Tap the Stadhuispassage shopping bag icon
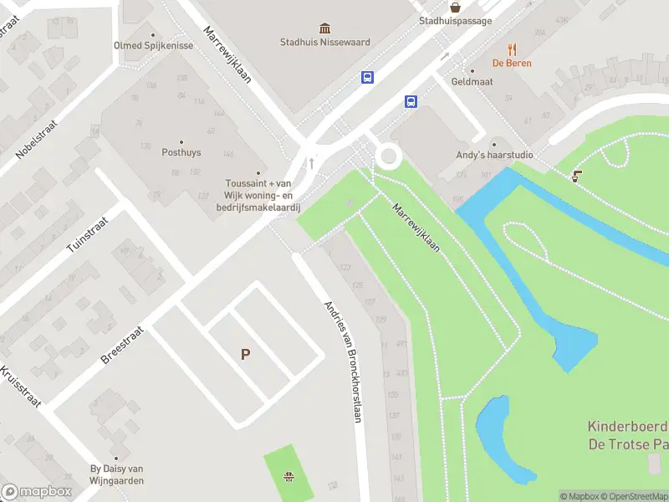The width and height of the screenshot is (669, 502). click(x=455, y=7)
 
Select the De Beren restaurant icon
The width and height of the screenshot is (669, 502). click(x=512, y=49)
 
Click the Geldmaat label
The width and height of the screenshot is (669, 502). click(x=472, y=81)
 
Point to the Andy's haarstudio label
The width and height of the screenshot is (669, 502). click(x=494, y=155)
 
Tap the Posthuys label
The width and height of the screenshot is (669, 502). click(x=181, y=151)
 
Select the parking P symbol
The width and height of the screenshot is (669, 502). click(x=245, y=354)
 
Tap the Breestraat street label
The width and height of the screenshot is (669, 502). click(x=122, y=344)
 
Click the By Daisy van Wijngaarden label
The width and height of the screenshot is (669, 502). click(x=117, y=474)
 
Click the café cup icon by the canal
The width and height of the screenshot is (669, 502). click(x=575, y=176)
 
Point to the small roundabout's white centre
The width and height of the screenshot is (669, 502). click(x=388, y=156)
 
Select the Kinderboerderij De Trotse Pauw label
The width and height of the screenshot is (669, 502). click(x=627, y=435)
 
